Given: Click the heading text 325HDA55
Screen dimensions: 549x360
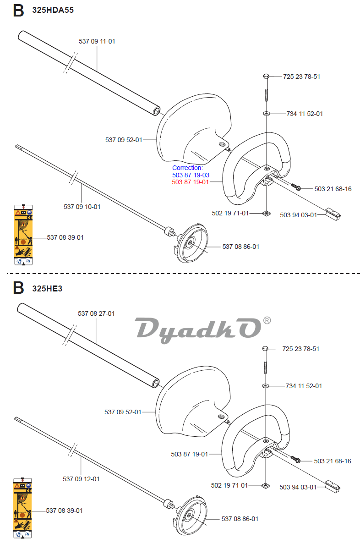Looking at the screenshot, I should [x=53, y=11].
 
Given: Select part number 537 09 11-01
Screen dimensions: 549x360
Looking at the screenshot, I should [x=97, y=41].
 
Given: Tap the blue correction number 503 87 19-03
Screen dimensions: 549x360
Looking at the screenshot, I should [x=191, y=175].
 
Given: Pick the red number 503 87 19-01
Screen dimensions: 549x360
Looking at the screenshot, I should [x=191, y=182].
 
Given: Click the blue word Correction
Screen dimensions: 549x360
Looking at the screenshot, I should [x=187, y=168].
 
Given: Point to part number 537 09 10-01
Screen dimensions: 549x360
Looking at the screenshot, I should [x=82, y=207].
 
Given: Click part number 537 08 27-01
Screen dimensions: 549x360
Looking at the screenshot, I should [x=96, y=313].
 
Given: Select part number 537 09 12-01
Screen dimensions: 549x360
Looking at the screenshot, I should [x=81, y=479].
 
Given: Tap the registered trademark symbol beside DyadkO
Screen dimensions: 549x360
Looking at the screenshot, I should [x=267, y=320].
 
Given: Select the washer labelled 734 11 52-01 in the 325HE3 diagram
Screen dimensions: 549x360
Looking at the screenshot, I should [x=266, y=386].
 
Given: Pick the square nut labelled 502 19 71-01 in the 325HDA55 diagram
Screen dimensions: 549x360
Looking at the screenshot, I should [x=266, y=213].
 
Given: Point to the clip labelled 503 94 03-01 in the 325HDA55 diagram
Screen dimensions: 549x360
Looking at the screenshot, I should [x=333, y=213].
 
